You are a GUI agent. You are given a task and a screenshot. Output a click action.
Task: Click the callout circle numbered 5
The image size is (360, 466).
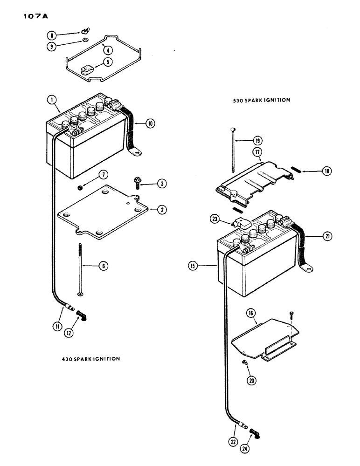[108, 61]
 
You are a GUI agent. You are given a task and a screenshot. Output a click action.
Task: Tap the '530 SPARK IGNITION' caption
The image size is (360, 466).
[263, 100]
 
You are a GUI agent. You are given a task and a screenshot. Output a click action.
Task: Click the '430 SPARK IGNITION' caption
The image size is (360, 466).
[90, 359]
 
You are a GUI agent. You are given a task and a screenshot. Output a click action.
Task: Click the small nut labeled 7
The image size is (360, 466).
[80, 188]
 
